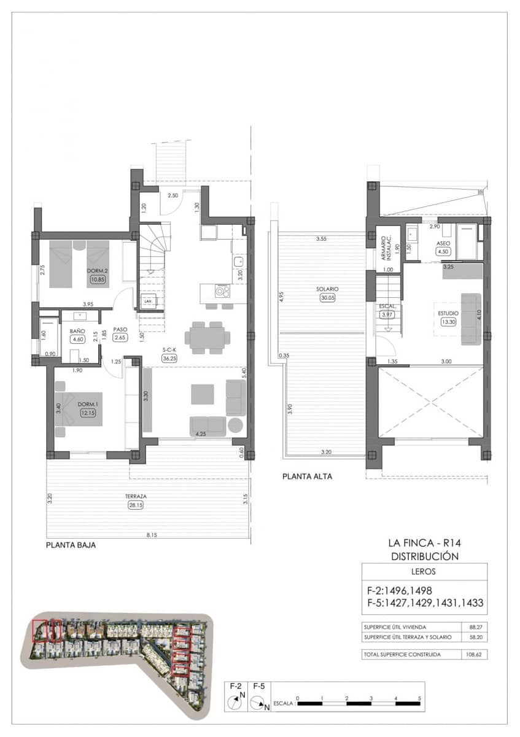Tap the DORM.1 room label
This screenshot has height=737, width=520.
click(87, 404)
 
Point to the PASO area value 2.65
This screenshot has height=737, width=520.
click(120, 337)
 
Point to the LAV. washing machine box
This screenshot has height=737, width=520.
click(147, 302)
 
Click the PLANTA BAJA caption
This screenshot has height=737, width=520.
click(71, 545)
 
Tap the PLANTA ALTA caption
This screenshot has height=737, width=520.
click(307, 476)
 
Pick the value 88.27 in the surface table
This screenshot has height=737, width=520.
click(473, 628)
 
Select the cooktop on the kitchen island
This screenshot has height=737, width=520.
click(222, 290)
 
